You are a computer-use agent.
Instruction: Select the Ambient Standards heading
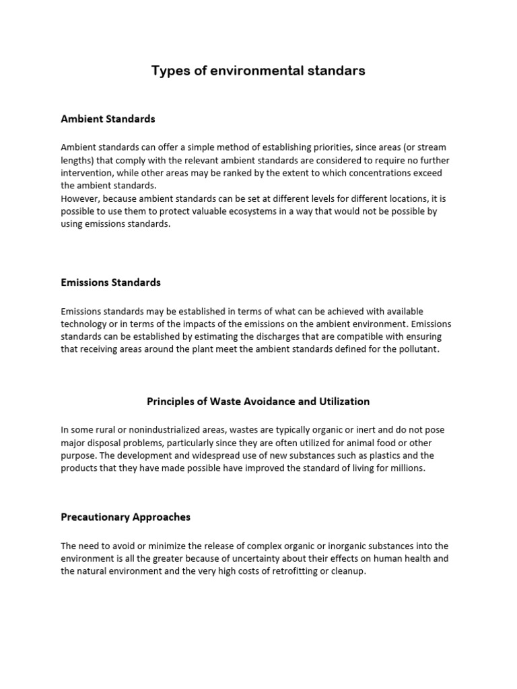tap(108, 119)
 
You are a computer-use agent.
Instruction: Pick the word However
tap(81, 198)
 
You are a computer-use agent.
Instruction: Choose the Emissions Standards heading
tap(110, 283)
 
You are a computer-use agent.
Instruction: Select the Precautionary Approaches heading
tap(125, 517)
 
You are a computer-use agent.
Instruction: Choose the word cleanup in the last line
tap(347, 571)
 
